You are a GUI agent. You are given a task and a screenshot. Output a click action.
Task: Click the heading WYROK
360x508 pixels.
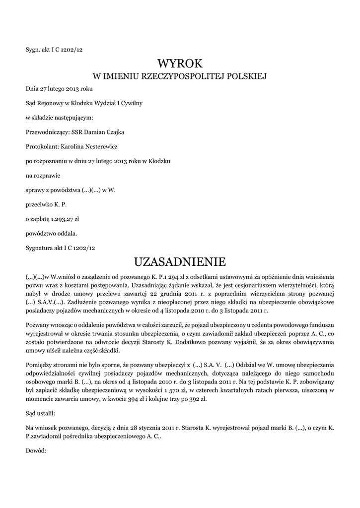[x=180, y=63]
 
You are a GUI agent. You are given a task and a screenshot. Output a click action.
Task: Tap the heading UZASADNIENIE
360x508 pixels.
[x=180, y=261]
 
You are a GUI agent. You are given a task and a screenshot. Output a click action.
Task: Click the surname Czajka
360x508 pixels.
[x=114, y=132]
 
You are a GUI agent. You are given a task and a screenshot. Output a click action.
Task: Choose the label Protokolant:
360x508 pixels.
[x=42, y=146]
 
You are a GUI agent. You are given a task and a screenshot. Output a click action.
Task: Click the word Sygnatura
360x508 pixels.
[x=40, y=247]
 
